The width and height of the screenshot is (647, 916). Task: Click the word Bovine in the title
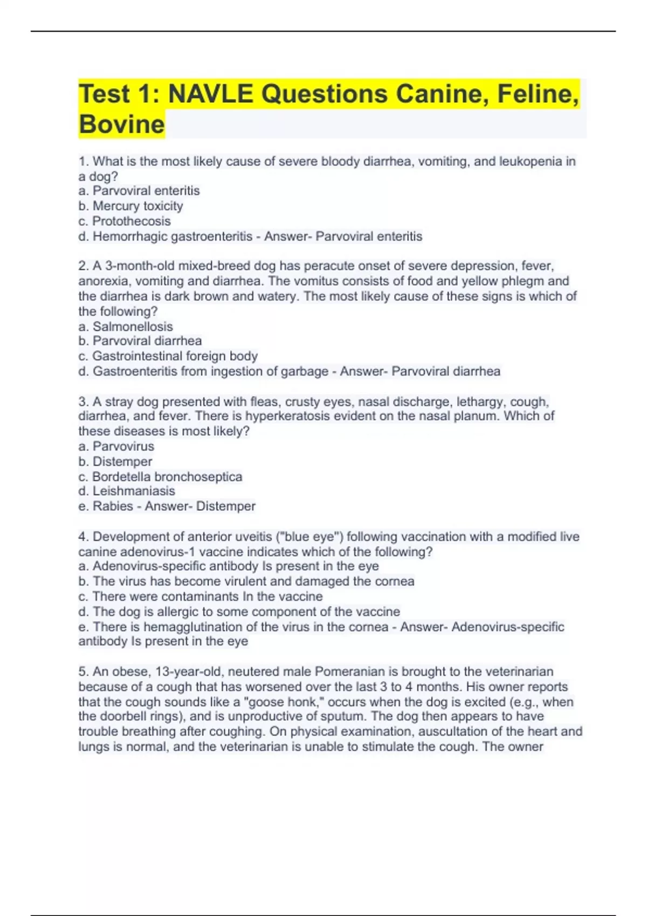coord(121,124)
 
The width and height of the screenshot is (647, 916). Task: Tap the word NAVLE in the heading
coord(210,94)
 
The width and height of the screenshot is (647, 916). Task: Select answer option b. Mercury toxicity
coord(130,206)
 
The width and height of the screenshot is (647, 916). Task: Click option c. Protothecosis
coord(125,221)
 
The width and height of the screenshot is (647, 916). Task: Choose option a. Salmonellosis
coord(126,327)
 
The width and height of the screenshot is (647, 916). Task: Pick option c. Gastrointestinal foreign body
coord(168,356)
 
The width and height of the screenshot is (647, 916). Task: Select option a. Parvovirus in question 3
coord(116,446)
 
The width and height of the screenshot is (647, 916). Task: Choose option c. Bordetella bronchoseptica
coord(161,477)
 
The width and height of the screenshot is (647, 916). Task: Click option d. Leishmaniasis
coord(127,491)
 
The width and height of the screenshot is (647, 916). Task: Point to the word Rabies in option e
coord(113,506)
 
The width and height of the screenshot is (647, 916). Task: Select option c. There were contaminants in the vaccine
coord(201,596)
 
